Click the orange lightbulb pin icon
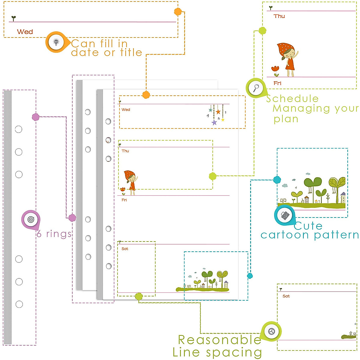pos(56,42)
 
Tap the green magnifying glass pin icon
pos(256,88)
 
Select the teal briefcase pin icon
pos(284,215)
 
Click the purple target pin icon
pos(31,219)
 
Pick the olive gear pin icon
pos(271,331)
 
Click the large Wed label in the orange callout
pos(25,32)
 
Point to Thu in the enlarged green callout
pos(279,16)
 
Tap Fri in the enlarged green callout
pos(277,83)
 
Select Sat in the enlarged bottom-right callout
pos(286,296)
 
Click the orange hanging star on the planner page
pos(218,112)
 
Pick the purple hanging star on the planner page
pos(214,122)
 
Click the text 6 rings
pos(54,234)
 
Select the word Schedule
pos(292,99)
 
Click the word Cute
pos(308,226)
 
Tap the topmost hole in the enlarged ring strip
pos(19,129)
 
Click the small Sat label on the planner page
pos(125,249)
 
